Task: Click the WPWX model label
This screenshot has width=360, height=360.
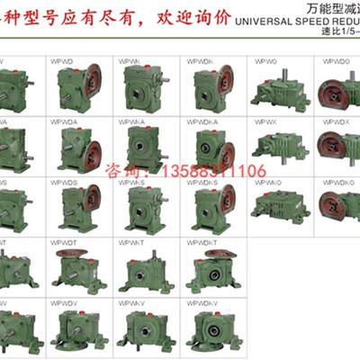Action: tap(265, 121)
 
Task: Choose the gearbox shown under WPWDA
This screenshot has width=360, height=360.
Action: tap(77, 149)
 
